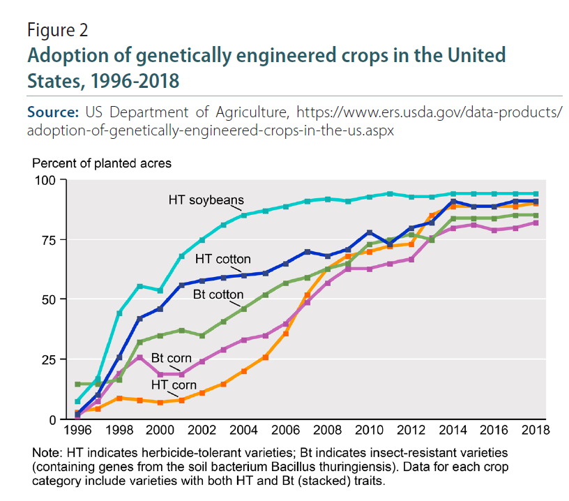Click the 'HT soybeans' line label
[x=206, y=200]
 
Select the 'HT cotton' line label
[x=222, y=259]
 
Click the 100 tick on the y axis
[x=50, y=181]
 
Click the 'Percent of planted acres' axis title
[x=101, y=163]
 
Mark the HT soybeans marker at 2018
[x=536, y=194]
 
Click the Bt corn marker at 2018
[x=536, y=223]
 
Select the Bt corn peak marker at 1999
[x=140, y=358]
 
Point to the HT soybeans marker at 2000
[x=161, y=290]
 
